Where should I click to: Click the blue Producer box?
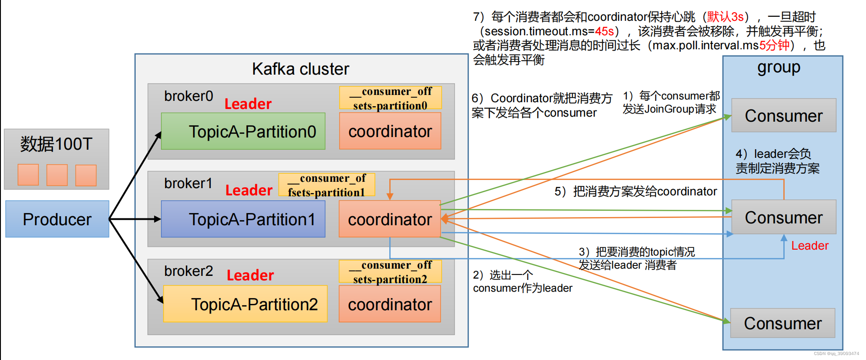pyautogui.click(x=57, y=219)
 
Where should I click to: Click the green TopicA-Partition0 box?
pyautogui.click(x=243, y=132)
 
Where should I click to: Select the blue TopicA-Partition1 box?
pyautogui.click(x=243, y=219)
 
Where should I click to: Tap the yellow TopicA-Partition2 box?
pyautogui.click(x=245, y=304)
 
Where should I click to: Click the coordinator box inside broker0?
pyautogui.click(x=390, y=131)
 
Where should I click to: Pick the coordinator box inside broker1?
pyautogui.click(x=390, y=219)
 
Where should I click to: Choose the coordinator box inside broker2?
pyautogui.click(x=390, y=304)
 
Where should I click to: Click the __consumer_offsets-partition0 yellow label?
pyautogui.click(x=390, y=98)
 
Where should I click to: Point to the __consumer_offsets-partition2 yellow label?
pyautogui.click(x=390, y=272)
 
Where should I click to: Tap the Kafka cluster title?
pyautogui.click(x=300, y=69)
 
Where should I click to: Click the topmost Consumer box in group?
pyautogui.click(x=784, y=116)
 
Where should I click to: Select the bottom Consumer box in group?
pyautogui.click(x=783, y=323)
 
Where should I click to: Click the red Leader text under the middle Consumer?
pyautogui.click(x=809, y=246)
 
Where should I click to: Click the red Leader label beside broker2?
pyautogui.click(x=250, y=275)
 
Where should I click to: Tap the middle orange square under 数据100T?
pyautogui.click(x=57, y=175)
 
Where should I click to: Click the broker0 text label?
pyautogui.click(x=188, y=96)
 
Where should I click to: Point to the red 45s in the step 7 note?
pyautogui.click(x=604, y=31)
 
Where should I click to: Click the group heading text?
pyautogui.click(x=779, y=68)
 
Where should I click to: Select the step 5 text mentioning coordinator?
pyautogui.click(x=635, y=191)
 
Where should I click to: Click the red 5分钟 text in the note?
pyautogui.click(x=774, y=45)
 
